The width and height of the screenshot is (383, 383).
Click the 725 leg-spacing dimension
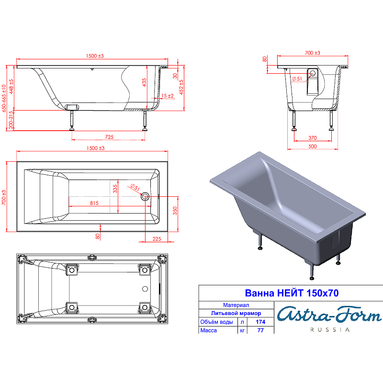click(109, 137)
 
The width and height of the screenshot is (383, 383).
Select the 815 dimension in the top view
click(94, 203)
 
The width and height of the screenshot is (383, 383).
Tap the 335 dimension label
click(115, 189)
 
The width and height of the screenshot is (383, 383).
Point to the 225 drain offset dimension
click(157, 239)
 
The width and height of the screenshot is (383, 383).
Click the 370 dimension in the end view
click(313, 138)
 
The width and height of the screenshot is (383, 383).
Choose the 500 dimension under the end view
click(313, 146)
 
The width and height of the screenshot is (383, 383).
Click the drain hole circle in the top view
click(145, 196)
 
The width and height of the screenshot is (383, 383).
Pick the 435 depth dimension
click(144, 82)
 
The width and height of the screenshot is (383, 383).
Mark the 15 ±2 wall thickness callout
click(167, 96)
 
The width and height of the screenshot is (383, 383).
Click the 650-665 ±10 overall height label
click(4, 99)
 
